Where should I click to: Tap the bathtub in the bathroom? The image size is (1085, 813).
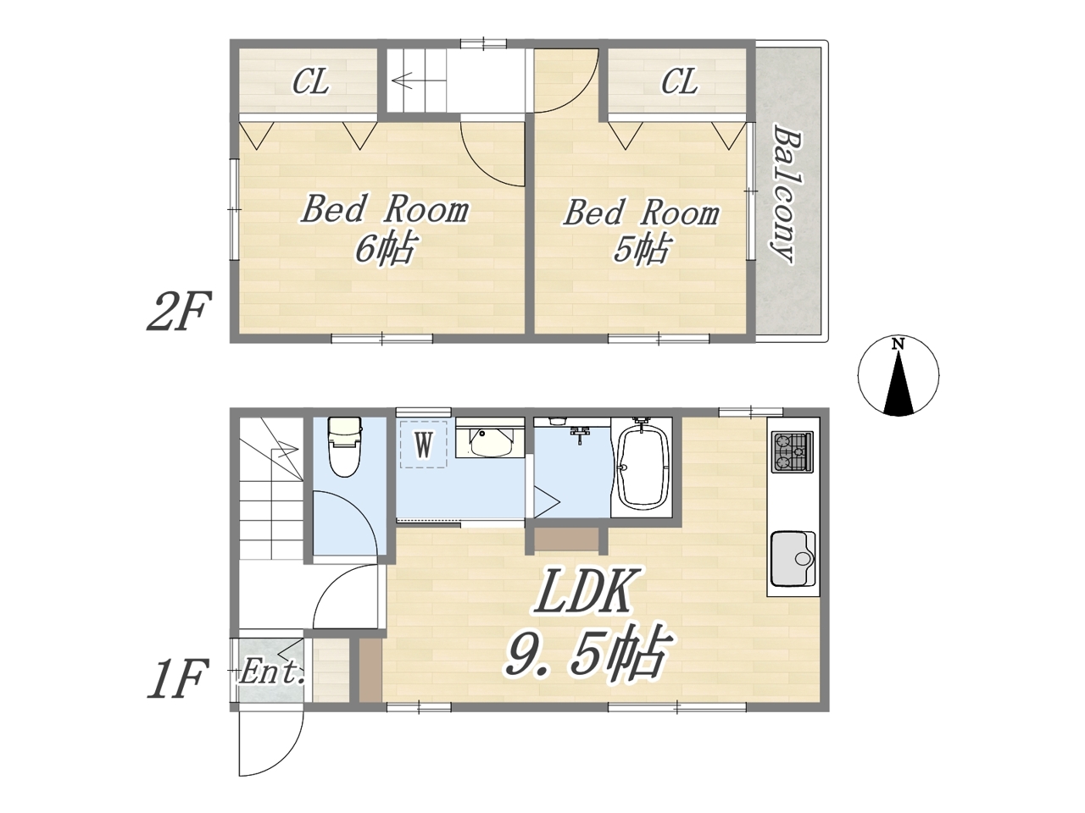tap(642, 467)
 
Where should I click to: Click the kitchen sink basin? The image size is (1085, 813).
tap(793, 558)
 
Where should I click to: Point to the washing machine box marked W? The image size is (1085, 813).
tap(424, 445)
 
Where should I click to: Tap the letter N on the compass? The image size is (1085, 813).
tap(899, 344)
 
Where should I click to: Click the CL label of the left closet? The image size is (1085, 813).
tap(310, 81)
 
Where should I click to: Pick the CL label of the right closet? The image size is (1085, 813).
tap(680, 81)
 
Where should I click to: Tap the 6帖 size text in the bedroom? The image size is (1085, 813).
tap(386, 247)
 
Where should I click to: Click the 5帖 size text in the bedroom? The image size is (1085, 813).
tap(641, 248)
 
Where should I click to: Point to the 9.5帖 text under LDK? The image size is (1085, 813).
tap(588, 655)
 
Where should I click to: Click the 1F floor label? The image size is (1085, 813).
tap(175, 679)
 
